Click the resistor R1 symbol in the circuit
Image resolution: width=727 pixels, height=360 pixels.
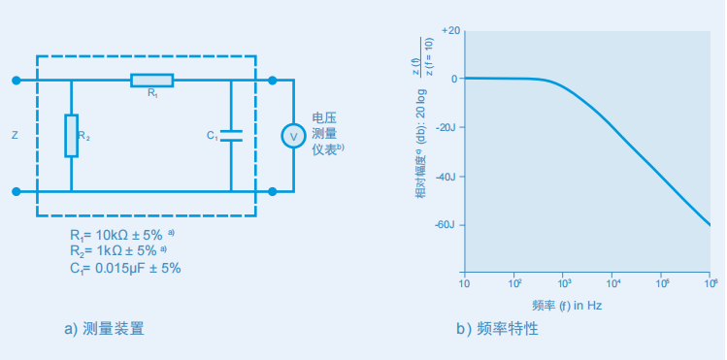(x=152, y=80)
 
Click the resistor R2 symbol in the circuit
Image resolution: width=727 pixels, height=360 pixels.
(x=72, y=135)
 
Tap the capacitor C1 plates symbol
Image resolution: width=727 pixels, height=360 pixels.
(x=231, y=135)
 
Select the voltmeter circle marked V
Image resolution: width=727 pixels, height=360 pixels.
(x=292, y=136)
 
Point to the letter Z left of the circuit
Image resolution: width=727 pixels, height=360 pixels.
(x=15, y=136)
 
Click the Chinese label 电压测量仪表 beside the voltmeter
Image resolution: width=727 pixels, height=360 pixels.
(x=326, y=133)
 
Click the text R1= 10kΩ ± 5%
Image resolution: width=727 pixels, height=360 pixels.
(x=120, y=236)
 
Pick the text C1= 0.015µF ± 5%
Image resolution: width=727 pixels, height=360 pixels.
(x=125, y=268)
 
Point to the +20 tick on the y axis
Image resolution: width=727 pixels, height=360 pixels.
(x=449, y=30)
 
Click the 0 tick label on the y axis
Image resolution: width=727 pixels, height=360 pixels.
(x=453, y=79)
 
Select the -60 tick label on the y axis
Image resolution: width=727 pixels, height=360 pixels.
(x=446, y=225)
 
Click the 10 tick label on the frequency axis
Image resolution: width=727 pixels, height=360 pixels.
(x=464, y=283)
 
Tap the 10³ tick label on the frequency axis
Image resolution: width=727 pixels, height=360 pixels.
(x=564, y=283)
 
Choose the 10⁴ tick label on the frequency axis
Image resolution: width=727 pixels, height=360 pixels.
(x=613, y=283)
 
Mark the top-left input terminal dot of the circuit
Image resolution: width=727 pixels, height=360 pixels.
(x=16, y=80)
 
